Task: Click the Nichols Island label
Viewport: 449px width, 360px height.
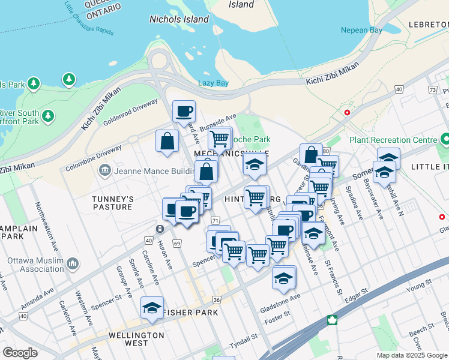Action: (x=179, y=19)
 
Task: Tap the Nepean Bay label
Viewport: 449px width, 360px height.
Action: (x=361, y=30)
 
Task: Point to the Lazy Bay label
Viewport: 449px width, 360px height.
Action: (x=214, y=83)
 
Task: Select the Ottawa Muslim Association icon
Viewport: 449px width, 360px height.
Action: (x=73, y=263)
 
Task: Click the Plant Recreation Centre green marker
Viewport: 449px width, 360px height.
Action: (x=445, y=140)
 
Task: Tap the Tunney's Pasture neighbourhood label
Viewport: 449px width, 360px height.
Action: (x=112, y=203)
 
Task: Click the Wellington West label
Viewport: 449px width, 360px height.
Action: (x=136, y=339)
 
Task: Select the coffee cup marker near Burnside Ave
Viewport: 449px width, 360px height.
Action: (x=184, y=110)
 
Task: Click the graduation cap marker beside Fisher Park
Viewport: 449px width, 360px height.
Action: (x=152, y=307)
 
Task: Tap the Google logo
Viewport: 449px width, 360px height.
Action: (x=20, y=353)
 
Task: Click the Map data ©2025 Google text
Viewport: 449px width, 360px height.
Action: (x=412, y=355)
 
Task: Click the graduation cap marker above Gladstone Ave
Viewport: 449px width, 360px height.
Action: (x=284, y=277)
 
